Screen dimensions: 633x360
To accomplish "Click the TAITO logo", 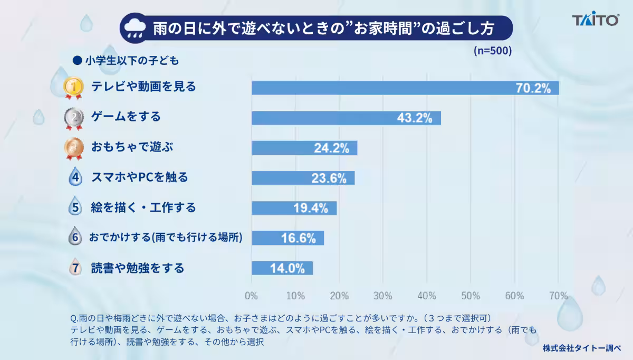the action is (596, 18).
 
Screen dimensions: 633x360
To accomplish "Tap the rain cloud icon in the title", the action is (135, 29).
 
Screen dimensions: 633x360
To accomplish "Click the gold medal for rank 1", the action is (73, 88).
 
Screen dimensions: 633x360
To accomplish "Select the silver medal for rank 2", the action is (74, 118).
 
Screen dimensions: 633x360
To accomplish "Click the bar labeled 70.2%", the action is (405, 88).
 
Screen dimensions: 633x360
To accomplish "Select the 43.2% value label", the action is (415, 118).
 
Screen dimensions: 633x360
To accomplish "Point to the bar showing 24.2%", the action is (304, 148).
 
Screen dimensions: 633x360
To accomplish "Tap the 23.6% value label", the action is (329, 178).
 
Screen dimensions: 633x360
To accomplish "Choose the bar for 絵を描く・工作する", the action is (294, 208).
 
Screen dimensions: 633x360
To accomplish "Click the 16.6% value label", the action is (299, 238).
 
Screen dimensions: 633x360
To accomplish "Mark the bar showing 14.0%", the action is (282, 268).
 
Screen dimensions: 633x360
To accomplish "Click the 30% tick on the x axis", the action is (382, 296).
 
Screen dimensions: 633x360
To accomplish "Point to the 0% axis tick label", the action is (251, 296).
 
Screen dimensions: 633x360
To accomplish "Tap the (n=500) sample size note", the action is (493, 51).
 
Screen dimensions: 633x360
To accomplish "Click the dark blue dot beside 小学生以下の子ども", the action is (77, 60).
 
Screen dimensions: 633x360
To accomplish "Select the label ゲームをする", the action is (126, 116).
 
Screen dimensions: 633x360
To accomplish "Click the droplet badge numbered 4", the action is (75, 176).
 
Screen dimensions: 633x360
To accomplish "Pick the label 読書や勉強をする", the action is (138, 268).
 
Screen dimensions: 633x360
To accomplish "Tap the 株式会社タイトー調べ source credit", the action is (581, 348).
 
